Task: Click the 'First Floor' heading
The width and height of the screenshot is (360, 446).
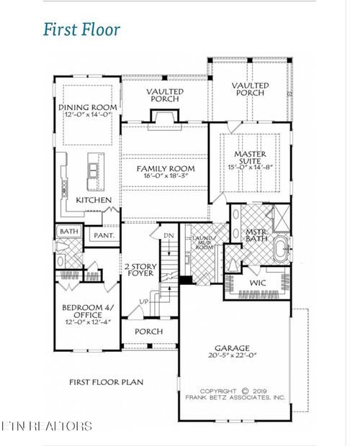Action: (81, 29)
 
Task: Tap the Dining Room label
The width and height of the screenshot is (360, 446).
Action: (88, 108)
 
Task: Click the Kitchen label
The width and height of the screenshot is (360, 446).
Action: (94, 200)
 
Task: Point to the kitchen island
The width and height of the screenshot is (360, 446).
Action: (93, 170)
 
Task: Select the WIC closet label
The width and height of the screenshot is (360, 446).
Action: (258, 283)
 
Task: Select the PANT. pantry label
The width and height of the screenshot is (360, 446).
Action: (99, 235)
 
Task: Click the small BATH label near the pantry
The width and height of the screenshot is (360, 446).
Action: (68, 232)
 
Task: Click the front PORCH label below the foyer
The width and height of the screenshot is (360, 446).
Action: (149, 332)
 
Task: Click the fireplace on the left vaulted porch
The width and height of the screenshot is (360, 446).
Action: (159, 117)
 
